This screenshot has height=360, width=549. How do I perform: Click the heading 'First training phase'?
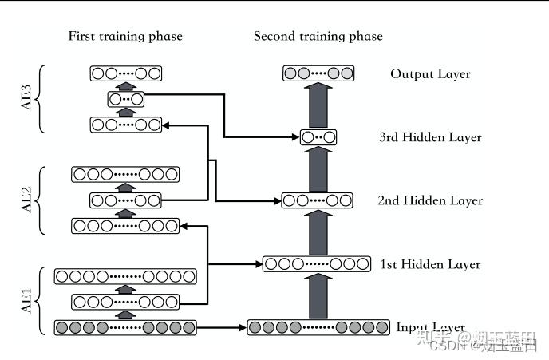125,36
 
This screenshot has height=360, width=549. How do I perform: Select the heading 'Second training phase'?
318,36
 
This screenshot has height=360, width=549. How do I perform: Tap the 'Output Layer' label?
430,74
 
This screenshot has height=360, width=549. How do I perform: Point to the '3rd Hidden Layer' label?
431,137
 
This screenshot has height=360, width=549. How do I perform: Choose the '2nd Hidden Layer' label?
430,200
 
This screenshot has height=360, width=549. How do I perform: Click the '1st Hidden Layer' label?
431,264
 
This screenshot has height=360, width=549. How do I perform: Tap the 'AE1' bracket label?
26,303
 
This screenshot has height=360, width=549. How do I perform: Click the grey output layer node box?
318,74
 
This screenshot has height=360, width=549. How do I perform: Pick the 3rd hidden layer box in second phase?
318,137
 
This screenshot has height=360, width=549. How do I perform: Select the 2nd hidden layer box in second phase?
318,200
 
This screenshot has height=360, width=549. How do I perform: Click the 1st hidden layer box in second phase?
318,263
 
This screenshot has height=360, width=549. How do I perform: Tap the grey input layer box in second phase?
318,326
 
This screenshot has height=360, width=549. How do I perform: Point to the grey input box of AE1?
125,326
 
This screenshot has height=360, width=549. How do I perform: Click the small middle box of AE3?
125,100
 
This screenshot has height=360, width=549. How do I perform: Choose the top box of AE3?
125,74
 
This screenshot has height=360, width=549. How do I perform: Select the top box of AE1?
125,276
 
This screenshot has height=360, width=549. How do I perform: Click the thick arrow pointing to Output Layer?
318,105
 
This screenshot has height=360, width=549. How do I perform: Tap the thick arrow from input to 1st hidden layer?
318,295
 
